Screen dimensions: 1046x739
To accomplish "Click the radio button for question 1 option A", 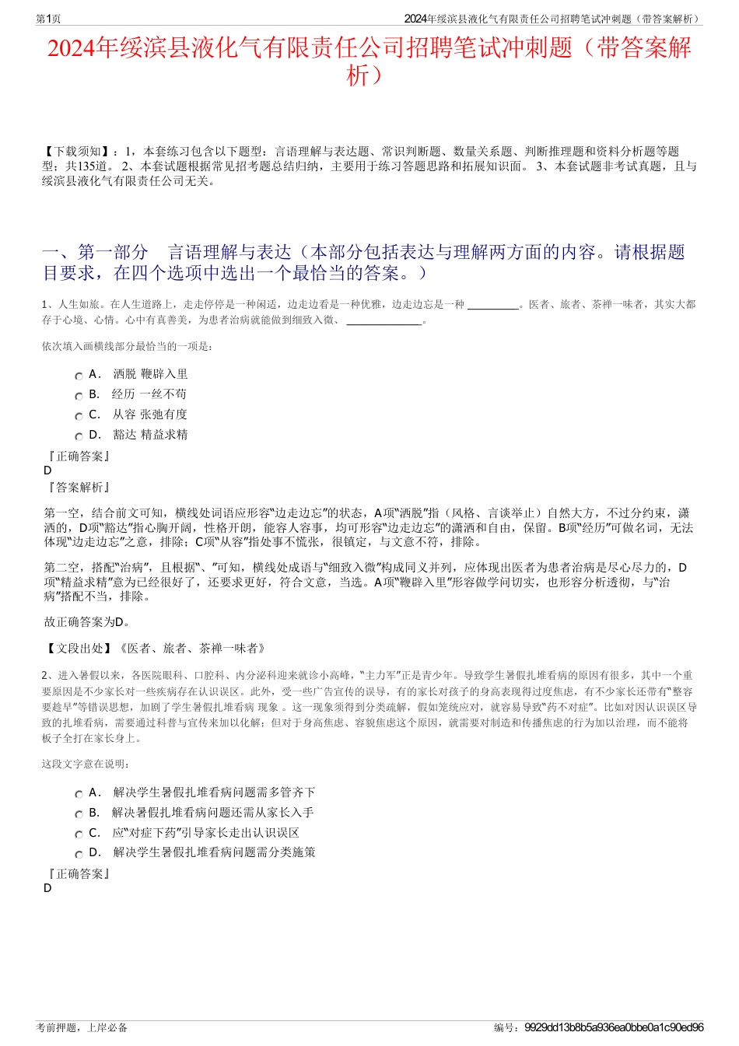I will point(79,376).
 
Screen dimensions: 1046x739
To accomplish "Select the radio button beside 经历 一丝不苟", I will point(79,396).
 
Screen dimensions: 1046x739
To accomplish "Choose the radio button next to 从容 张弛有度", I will point(79,416).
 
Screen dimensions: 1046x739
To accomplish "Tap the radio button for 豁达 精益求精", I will point(79,436).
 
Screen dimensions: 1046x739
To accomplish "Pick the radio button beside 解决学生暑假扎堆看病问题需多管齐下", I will point(79,794).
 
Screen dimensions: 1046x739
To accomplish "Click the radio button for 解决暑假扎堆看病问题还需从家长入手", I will point(79,814).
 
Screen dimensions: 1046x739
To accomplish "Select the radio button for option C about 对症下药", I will point(79,834).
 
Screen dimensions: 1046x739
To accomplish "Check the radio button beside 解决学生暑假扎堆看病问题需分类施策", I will point(79,854).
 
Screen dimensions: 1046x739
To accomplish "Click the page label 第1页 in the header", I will point(48,19).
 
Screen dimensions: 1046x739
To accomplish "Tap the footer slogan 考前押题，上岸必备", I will point(82,1027).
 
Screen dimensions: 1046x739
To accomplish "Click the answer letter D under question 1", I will point(47,471).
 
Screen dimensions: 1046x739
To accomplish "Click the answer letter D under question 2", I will point(47,888).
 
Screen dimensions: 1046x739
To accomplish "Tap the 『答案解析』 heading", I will point(79,488).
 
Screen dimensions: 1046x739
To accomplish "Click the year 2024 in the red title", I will point(71,49).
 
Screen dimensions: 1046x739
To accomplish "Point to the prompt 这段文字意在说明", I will point(86,764).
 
